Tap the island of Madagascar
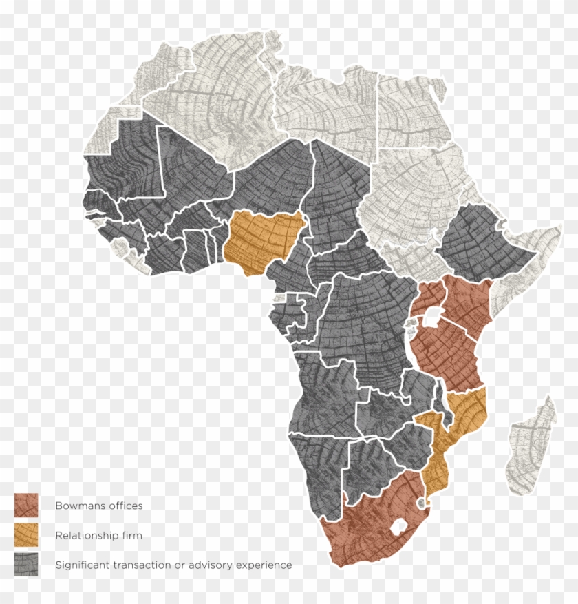pos(531,448)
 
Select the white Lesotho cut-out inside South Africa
pos(397,529)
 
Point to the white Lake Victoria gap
pos(432,317)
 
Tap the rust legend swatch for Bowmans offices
pos(26,505)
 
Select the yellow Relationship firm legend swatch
pos(26,534)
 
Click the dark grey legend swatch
pos(26,565)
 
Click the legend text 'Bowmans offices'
pos(99,506)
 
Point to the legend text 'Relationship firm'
pos(99,535)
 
